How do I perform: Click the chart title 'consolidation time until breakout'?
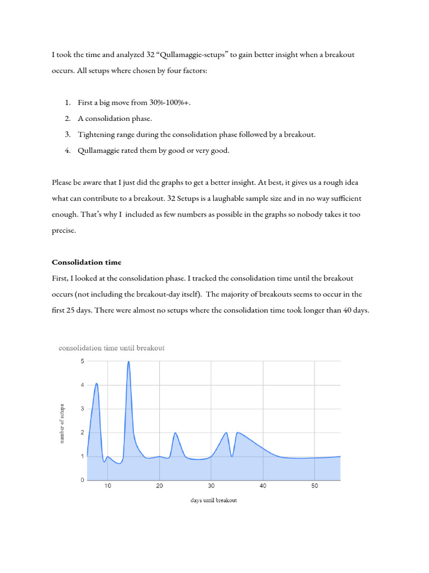click(112, 347)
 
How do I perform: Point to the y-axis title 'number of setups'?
click(62, 423)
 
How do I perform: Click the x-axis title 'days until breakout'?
click(213, 500)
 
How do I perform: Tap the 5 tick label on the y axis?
click(82, 361)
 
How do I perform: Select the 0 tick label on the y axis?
click(82, 480)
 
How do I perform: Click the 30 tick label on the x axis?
click(211, 486)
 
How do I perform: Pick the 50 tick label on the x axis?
click(315, 486)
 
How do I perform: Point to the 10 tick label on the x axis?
click(108, 486)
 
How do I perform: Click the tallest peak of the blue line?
click(129, 361)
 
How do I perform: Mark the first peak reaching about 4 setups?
click(97, 384)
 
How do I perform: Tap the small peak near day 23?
click(175, 433)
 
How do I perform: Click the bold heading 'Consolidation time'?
click(86, 262)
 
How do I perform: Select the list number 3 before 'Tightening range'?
click(67, 134)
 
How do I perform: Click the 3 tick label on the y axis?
click(82, 409)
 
